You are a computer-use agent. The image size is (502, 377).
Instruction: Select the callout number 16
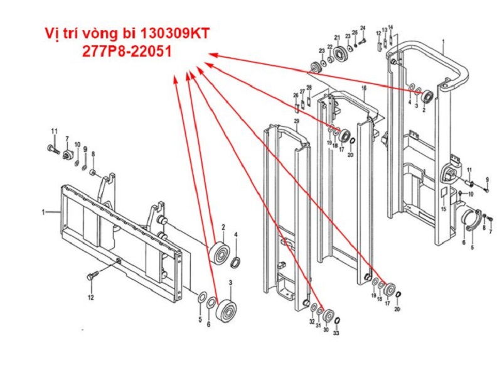click(x=363, y=89)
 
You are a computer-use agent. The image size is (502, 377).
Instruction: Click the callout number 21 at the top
click(x=337, y=37)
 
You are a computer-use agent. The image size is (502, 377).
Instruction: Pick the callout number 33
click(x=336, y=333)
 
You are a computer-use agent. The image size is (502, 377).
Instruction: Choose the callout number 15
click(x=443, y=209)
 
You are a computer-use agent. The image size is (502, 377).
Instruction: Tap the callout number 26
click(x=296, y=95)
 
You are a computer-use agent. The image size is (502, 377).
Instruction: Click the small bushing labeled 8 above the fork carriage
click(x=92, y=172)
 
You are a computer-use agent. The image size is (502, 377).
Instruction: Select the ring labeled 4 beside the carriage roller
click(x=236, y=261)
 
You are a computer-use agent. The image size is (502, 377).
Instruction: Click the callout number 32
click(x=312, y=322)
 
